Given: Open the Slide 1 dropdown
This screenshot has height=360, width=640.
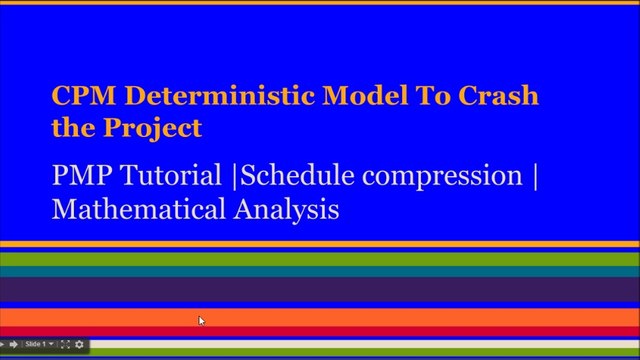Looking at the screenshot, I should (39, 344).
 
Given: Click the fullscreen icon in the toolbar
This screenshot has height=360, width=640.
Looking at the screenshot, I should (65, 344).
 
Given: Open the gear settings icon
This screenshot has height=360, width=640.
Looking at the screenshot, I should (80, 344).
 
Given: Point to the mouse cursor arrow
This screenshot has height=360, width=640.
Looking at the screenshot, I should (201, 320).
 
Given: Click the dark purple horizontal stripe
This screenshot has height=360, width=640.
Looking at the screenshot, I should (320, 289).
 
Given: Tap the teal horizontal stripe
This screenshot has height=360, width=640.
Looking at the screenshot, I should (320, 271).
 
